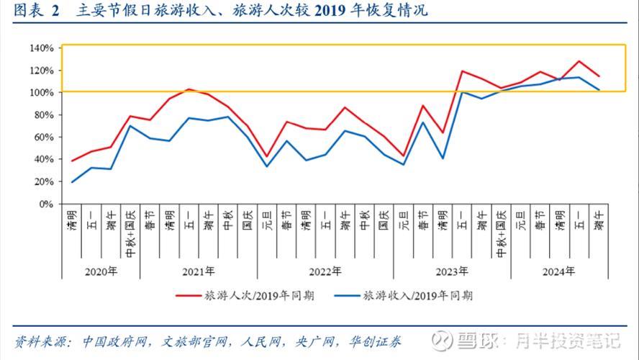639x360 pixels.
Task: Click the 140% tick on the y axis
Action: pos(42,48)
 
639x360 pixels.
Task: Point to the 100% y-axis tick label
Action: pos(42,93)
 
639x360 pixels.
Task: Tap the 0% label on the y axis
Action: pos(47,204)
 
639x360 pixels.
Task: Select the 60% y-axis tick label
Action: pos(44,138)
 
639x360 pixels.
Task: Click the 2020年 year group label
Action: pos(101,271)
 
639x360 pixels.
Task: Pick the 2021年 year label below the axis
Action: pos(198,271)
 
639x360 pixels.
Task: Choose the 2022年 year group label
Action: pos(325,271)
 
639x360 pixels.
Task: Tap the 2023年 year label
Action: pos(451,271)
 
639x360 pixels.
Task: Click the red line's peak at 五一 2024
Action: pos(579,61)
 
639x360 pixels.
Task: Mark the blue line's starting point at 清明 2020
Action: pos(72,182)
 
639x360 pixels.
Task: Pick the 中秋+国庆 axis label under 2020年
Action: pos(130,233)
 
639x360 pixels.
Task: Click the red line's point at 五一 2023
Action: pos(461,71)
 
